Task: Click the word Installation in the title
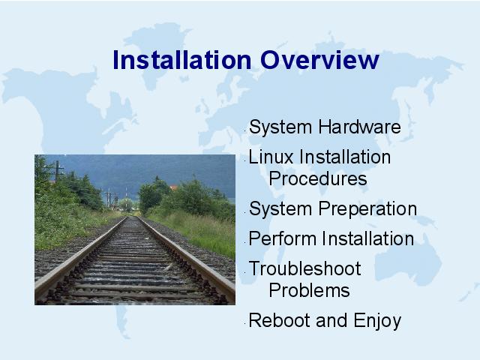182,60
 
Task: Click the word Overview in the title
320,60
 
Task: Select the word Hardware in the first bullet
360,127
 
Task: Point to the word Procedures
318,178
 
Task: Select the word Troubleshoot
305,268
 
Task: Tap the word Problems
309,290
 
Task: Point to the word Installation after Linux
345,157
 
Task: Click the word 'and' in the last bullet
331,320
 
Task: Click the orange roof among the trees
173,187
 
